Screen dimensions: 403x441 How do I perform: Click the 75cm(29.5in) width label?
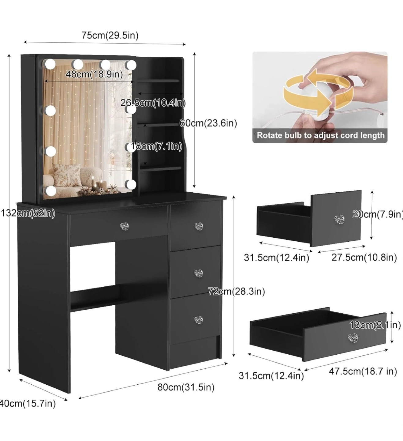pyautogui.click(x=110, y=35)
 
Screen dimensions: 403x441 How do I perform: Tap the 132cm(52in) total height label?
pyautogui.click(x=28, y=213)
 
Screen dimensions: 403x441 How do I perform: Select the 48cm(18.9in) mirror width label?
pyautogui.click(x=94, y=74)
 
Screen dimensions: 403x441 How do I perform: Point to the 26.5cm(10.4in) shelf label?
pyautogui.click(x=153, y=103)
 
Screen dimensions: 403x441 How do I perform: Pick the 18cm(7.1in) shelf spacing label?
pyautogui.click(x=157, y=146)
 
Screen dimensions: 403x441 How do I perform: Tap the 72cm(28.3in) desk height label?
pyautogui.click(x=237, y=291)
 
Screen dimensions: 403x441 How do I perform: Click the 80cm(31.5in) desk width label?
pyautogui.click(x=186, y=387)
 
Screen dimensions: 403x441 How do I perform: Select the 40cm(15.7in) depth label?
pyautogui.click(x=28, y=403)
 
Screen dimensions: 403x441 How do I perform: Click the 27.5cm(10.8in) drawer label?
pyautogui.click(x=364, y=258)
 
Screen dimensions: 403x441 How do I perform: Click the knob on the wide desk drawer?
pyautogui.click(x=124, y=226)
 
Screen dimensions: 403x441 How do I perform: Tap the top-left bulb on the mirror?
pyautogui.click(x=50, y=64)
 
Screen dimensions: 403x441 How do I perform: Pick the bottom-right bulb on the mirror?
pyautogui.click(x=131, y=183)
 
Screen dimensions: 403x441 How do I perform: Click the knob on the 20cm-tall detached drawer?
pyautogui.click(x=339, y=219)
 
